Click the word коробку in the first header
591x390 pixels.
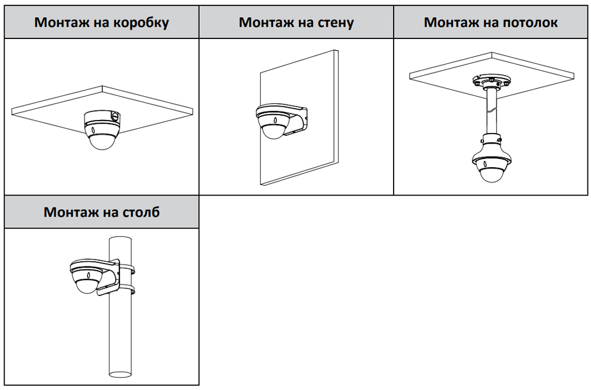(x=142, y=23)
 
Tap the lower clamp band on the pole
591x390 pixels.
(x=130, y=290)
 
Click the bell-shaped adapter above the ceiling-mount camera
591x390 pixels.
(x=490, y=143)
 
